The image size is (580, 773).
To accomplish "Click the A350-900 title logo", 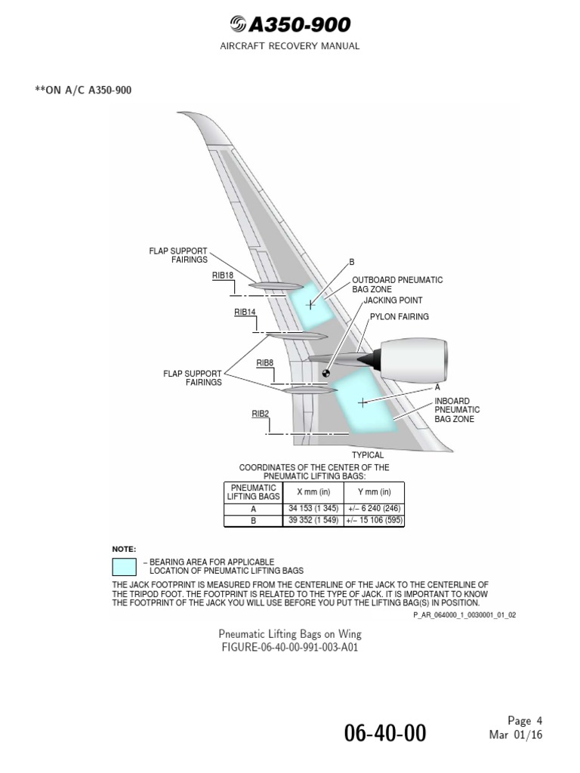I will pos(290,25).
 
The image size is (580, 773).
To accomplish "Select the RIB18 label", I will pos(223,276).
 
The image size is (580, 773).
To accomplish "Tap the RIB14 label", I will pos(245,312).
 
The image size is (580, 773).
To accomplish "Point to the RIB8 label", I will pos(264,363).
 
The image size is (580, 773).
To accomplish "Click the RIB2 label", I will pos(261,413).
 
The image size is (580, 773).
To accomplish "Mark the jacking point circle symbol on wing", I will pos(326,372).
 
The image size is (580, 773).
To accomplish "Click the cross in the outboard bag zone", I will pos(310,304).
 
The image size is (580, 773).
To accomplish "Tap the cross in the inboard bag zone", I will pos(362,402).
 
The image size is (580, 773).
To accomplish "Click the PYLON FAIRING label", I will pos(399,317).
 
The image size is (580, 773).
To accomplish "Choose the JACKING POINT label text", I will pos(393,300).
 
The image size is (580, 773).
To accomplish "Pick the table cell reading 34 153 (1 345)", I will pos(313,510).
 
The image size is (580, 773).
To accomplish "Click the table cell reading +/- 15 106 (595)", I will pos(374,521).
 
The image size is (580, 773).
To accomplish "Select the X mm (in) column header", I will pos(313,492).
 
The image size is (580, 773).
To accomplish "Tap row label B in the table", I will pos(253,521).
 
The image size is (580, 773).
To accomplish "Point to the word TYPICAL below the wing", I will pos(368,455).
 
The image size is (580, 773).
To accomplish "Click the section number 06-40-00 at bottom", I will pos(385,733).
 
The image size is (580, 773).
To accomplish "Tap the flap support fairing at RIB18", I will pos(274,286).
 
